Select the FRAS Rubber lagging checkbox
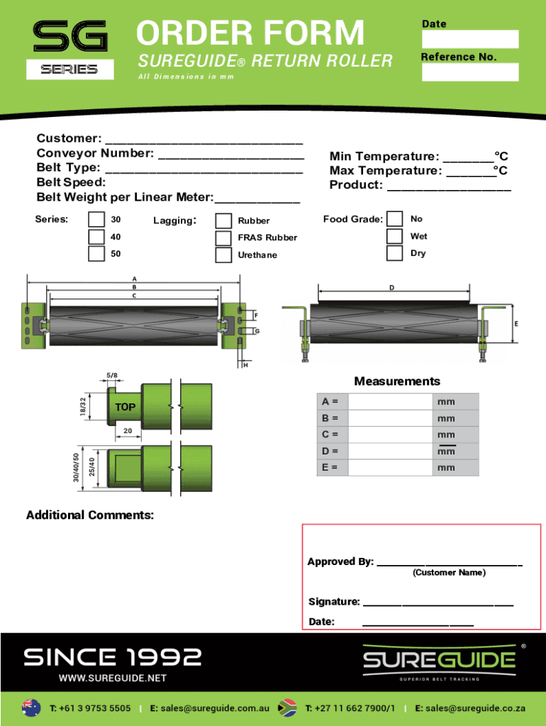(223, 238)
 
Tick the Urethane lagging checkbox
(223, 255)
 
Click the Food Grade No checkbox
(395, 219)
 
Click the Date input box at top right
(470, 39)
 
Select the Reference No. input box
(470, 72)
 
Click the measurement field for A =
(390, 402)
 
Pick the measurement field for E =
(390, 468)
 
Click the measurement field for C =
(390, 435)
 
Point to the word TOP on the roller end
(126, 408)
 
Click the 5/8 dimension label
(112, 375)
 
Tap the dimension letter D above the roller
(391, 288)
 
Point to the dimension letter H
(245, 366)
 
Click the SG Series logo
(70, 48)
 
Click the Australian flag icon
(31, 708)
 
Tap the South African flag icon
(286, 708)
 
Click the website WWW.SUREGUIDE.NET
(113, 678)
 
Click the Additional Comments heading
(90, 515)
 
